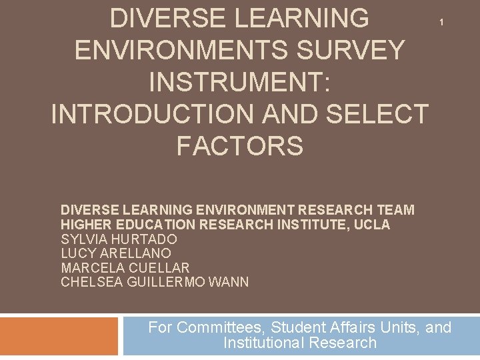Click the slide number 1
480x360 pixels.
pos(441,23)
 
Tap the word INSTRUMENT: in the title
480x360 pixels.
pos(239,82)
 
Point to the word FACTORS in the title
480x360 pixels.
pos(239,146)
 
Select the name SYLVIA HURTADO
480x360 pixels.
pos(119,239)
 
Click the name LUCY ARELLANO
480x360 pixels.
pos(116,253)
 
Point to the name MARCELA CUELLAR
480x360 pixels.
pos(125,268)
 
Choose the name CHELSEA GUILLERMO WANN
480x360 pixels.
pos(155,282)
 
